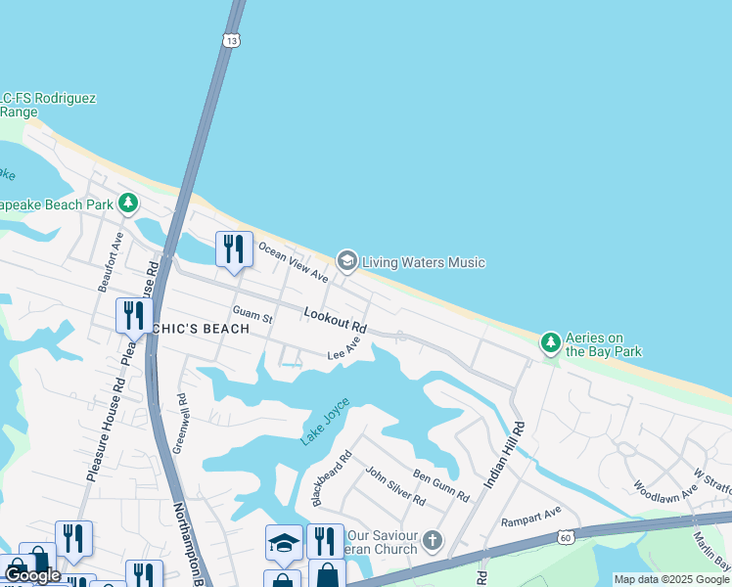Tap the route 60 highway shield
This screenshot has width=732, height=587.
(567, 537)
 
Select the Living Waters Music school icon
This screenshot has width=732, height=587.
(345, 261)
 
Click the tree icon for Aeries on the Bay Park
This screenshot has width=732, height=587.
(551, 342)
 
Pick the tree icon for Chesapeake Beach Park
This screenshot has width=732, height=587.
(127, 203)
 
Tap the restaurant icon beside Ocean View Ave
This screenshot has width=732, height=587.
(234, 249)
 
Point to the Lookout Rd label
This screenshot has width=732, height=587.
(335, 318)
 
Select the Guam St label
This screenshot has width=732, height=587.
(252, 315)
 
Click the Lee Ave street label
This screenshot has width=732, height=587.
(344, 349)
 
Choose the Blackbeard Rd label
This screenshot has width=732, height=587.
(331, 477)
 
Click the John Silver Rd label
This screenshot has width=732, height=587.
(394, 486)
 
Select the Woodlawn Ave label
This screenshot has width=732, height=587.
(664, 487)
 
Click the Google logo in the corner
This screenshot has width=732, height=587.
(32, 575)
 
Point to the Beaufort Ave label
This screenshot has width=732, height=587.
(110, 261)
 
